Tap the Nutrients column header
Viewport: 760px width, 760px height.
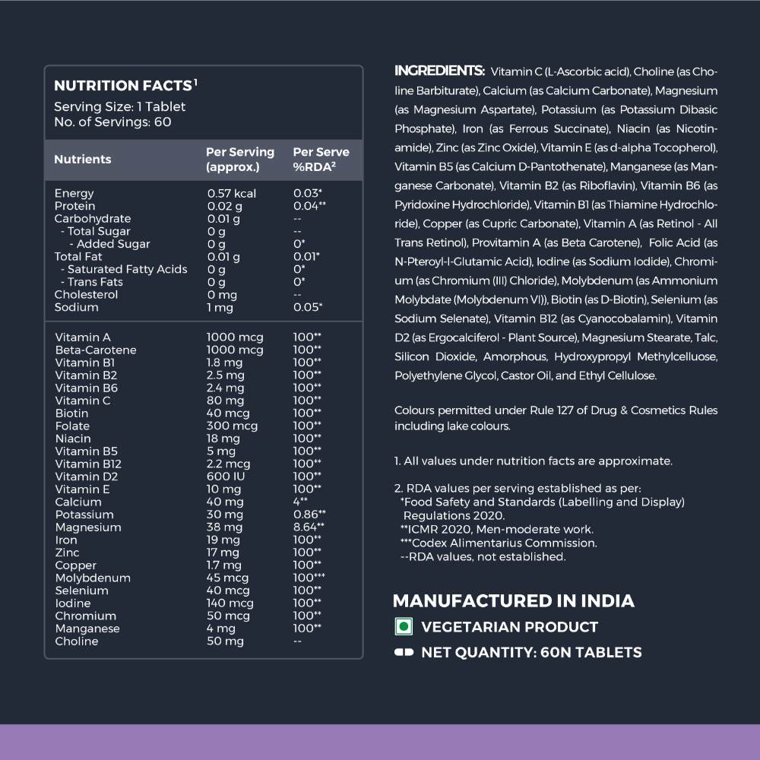(x=82, y=160)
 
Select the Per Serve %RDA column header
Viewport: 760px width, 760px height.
(x=321, y=160)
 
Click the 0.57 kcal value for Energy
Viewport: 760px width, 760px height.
(x=232, y=194)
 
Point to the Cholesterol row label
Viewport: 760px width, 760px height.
(x=87, y=295)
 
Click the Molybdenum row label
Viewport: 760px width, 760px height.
(x=93, y=578)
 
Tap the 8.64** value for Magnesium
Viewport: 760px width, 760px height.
(x=309, y=527)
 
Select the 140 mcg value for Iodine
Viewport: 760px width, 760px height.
(x=230, y=603)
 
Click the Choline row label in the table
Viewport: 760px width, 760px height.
(x=77, y=641)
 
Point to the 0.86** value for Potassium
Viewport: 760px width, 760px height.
(x=309, y=515)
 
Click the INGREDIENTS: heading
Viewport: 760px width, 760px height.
(x=439, y=71)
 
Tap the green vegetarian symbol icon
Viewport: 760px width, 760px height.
(x=404, y=627)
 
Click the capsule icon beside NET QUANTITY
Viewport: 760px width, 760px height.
(x=404, y=652)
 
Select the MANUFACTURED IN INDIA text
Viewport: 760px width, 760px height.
(x=513, y=601)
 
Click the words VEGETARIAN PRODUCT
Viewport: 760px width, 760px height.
(x=509, y=627)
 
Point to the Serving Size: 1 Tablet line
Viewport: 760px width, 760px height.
(x=119, y=107)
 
